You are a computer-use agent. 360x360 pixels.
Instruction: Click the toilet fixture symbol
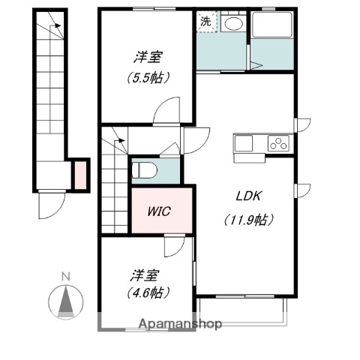pos(144,170)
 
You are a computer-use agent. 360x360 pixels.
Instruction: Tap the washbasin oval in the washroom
pos(233,24)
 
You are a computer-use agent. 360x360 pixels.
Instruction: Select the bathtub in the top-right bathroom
pos(272,25)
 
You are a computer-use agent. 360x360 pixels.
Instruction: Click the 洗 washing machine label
pos(205,22)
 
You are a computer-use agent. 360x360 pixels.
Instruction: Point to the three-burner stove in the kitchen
pos(278,143)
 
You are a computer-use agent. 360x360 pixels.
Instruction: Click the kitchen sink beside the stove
pos(244,143)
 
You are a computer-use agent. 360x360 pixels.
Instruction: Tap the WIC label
pos(159,211)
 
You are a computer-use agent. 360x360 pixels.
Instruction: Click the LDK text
pos(248,196)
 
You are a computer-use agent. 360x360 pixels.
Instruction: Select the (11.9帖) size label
pos(248,220)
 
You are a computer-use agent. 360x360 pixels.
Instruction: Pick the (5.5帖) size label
pos(148,78)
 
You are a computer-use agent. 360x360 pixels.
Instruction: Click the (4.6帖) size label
pos(148,292)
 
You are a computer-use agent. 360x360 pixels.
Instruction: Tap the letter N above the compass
pos(66,277)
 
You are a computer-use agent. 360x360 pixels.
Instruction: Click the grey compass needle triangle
pos(66,302)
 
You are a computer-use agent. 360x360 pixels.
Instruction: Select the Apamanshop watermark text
pos(180,324)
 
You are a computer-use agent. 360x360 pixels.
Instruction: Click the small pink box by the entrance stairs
pos(81,175)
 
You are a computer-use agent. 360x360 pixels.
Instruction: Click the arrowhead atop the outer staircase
pos(58,25)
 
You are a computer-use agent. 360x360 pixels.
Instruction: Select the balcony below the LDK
pos(241,309)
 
